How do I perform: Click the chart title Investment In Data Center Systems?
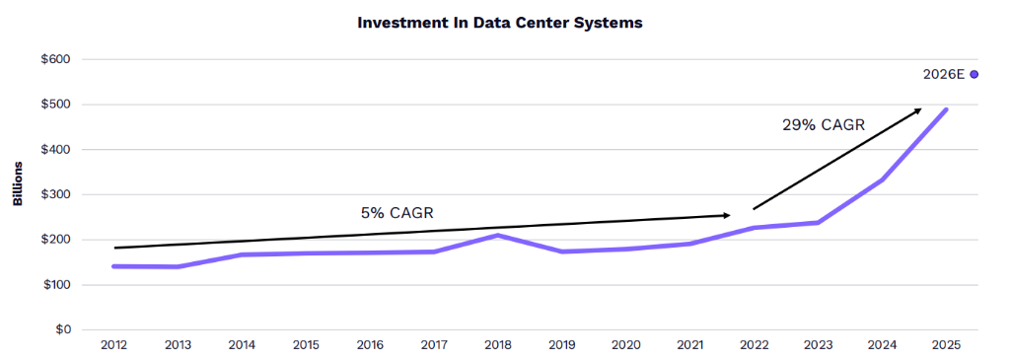pyautogui.click(x=500, y=23)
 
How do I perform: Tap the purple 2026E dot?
pyautogui.click(x=974, y=74)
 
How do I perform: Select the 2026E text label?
pyautogui.click(x=944, y=74)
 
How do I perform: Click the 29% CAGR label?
pyautogui.click(x=824, y=125)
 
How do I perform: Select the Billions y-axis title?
pyautogui.click(x=18, y=183)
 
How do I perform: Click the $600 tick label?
pyautogui.click(x=56, y=59)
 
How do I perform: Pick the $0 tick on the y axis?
pyautogui.click(x=62, y=329)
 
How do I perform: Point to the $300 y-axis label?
pyautogui.click(x=56, y=194)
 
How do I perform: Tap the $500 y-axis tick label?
pyautogui.click(x=56, y=105)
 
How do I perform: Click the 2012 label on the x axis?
pyautogui.click(x=113, y=345)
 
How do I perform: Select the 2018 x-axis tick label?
pyautogui.click(x=498, y=345)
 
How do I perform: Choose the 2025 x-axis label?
pyautogui.click(x=947, y=345)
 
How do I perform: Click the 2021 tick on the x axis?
pyautogui.click(x=690, y=345)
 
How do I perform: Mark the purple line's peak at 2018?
pyautogui.click(x=498, y=235)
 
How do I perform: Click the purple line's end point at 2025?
pyautogui.click(x=946, y=109)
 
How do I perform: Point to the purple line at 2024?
pyautogui.click(x=882, y=180)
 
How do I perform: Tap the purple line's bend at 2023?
pyautogui.click(x=818, y=222)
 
